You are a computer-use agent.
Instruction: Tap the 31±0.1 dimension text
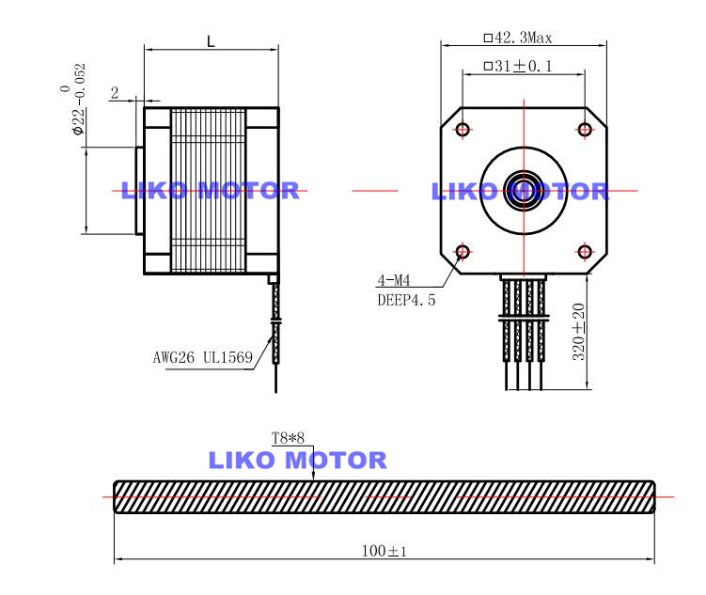pos(517,66)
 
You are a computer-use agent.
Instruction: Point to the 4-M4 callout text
pos(394,280)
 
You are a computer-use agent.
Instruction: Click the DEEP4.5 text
pos(406,300)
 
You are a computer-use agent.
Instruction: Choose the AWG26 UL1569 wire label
pos(203,357)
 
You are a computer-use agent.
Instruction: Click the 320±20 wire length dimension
pos(579,331)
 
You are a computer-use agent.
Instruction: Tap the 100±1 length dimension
pos(384,550)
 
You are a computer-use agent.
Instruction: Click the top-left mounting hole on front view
pos(463,129)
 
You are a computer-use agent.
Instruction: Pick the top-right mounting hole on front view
pos(585,129)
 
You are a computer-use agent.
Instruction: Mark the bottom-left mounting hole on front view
pos(463,251)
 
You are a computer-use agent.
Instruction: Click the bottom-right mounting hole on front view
pos(585,251)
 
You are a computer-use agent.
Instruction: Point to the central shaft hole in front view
pos(524,190)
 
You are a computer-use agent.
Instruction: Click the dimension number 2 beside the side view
pos(114,92)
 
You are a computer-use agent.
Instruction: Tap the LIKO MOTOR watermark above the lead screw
pos(297,461)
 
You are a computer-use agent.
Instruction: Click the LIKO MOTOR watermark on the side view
pos(210,191)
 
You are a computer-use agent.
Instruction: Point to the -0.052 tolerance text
pos(80,80)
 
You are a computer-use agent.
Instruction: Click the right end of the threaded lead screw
pos(651,496)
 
